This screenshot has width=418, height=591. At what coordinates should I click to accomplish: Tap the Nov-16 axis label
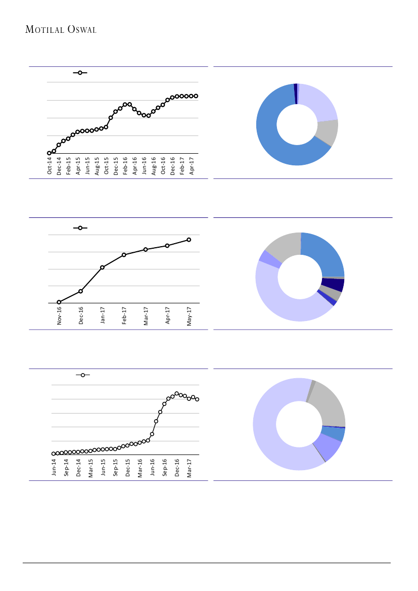[x=59, y=315]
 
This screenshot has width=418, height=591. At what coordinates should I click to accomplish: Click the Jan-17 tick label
[x=103, y=315]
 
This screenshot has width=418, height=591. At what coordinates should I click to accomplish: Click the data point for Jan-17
[x=102, y=267]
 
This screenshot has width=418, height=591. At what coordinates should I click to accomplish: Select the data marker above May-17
[x=189, y=240]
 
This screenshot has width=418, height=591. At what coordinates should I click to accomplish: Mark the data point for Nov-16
[x=59, y=302]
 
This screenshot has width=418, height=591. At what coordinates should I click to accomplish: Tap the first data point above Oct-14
[x=49, y=153]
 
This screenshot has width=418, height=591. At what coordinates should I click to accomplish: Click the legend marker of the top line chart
[x=80, y=73]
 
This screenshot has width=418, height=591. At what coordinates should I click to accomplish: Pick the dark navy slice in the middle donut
[x=333, y=285]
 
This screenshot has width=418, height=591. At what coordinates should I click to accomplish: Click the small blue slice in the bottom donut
[x=334, y=434]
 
